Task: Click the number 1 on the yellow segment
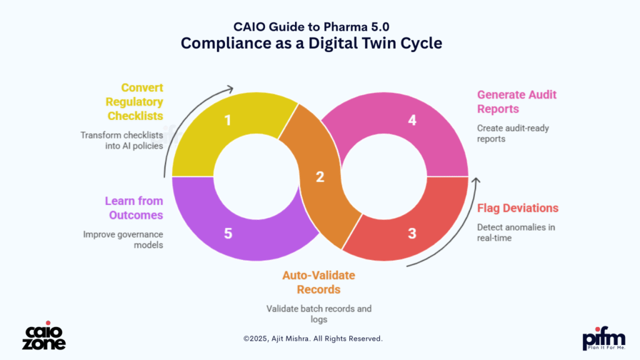pos(227,119)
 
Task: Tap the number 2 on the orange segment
pos(320,177)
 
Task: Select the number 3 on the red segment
pos(412,234)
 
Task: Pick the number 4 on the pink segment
pos(412,119)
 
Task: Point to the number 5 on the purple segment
pos(227,234)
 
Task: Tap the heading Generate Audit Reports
pos(517,102)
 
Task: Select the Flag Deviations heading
pos(517,208)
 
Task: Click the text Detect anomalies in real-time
pos(516,232)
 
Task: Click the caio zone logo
pos(44,337)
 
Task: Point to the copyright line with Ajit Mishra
pos(312,339)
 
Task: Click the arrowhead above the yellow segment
pos(231,89)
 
